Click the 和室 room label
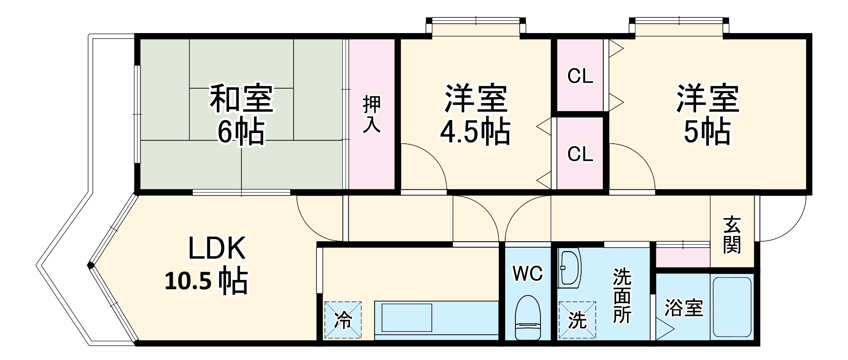pyautogui.click(x=241, y=98)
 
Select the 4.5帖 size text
pyautogui.click(x=475, y=132)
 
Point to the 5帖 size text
pyautogui.click(x=707, y=132)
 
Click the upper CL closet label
pyautogui.click(x=580, y=76)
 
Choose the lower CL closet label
pyautogui.click(x=580, y=154)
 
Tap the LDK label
pyautogui.click(x=217, y=248)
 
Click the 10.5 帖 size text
pyautogui.click(x=206, y=281)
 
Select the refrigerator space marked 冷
pyautogui.click(x=343, y=320)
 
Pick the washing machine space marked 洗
pyautogui.click(x=577, y=320)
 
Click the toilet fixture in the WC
pyautogui.click(x=528, y=318)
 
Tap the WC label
pyautogui.click(x=527, y=274)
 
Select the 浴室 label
pyautogui.click(x=683, y=308)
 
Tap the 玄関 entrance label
pyautogui.click(x=732, y=234)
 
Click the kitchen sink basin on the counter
pyautogui.click(x=406, y=317)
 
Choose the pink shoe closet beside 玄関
pyautogui.click(x=683, y=257)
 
